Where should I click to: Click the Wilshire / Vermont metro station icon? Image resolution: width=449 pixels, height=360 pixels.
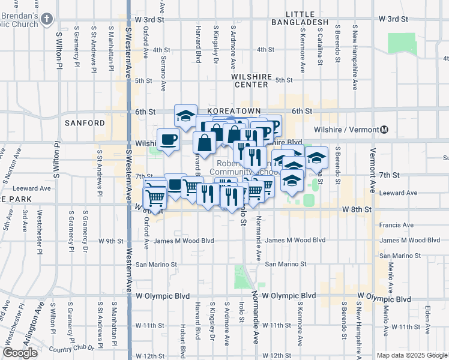[384, 130]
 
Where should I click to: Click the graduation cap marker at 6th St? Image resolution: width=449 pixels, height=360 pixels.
[186, 115]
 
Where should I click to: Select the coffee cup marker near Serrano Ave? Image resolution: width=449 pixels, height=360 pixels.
[168, 140]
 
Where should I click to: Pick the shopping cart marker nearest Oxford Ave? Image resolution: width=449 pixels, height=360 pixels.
[155, 197]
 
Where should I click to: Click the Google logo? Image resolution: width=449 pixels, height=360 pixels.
[20, 353]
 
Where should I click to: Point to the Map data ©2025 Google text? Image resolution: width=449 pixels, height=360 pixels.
[411, 355]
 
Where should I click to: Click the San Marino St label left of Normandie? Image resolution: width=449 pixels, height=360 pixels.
[157, 264]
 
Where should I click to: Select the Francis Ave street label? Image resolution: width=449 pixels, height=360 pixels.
[397, 225]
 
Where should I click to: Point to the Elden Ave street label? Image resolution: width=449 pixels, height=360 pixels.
[427, 319]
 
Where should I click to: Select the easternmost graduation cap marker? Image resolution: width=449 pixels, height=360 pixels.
[316, 158]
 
